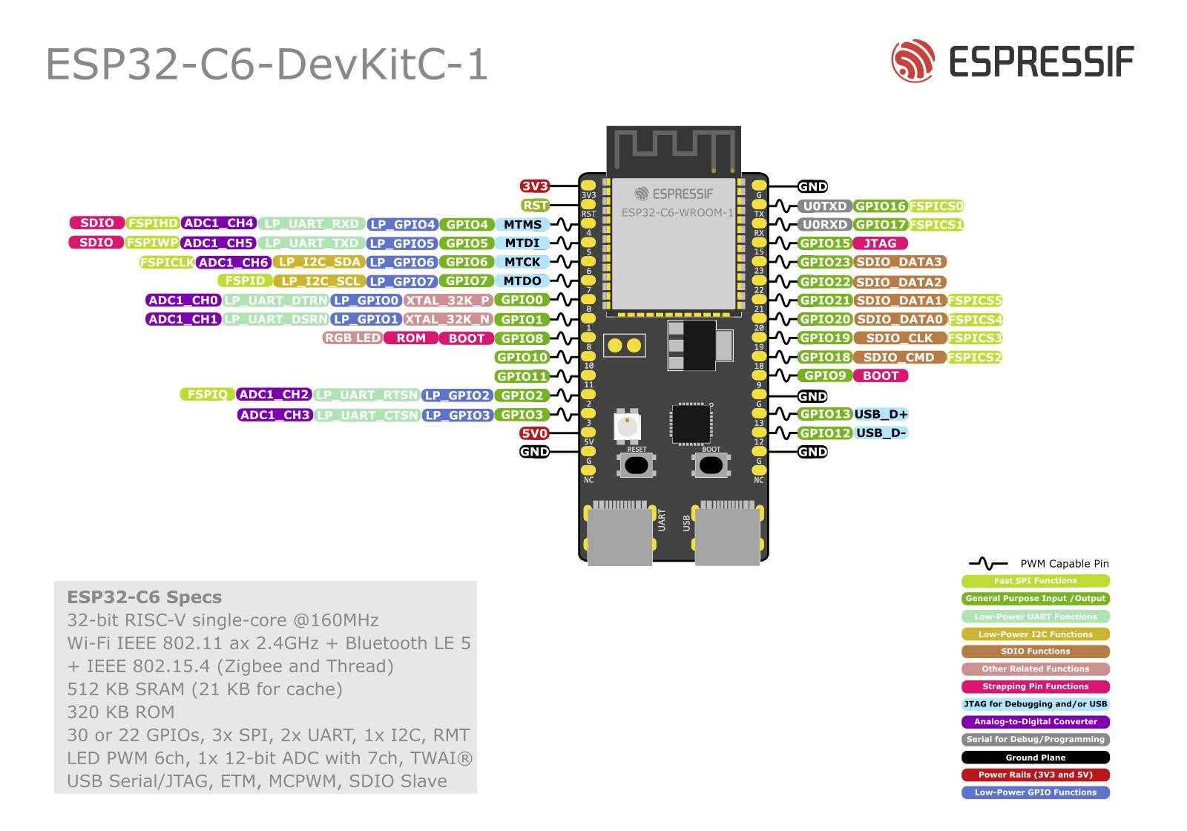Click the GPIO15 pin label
pos(824,243)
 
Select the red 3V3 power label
pos(534,186)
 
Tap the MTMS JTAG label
pos(522,225)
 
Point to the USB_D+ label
pos(881,414)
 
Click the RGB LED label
pos(352,338)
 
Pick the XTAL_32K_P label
pos(448,300)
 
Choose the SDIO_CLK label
pos(899,338)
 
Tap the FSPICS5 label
pos(975,300)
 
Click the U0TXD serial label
pos(824,206)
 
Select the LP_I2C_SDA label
pos(319,262)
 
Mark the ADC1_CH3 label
pos(274,415)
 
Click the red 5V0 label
pos(534,433)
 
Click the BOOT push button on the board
pos(711,465)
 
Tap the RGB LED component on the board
pos(627,426)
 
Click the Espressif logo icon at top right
pos(913,61)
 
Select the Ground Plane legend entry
pos(1035,758)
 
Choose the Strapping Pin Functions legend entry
pos(1035,687)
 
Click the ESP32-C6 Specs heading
pos(144,597)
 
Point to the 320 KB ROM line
pos(121,712)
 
